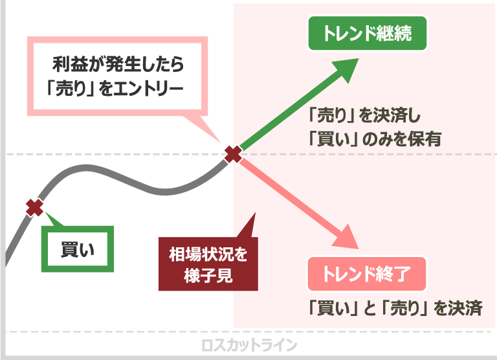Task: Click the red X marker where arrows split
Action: point(233,154)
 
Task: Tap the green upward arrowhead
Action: point(346,67)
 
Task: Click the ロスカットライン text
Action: point(249,344)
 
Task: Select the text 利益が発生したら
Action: point(118,65)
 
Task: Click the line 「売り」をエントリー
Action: point(118,87)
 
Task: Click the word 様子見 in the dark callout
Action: point(208,272)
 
